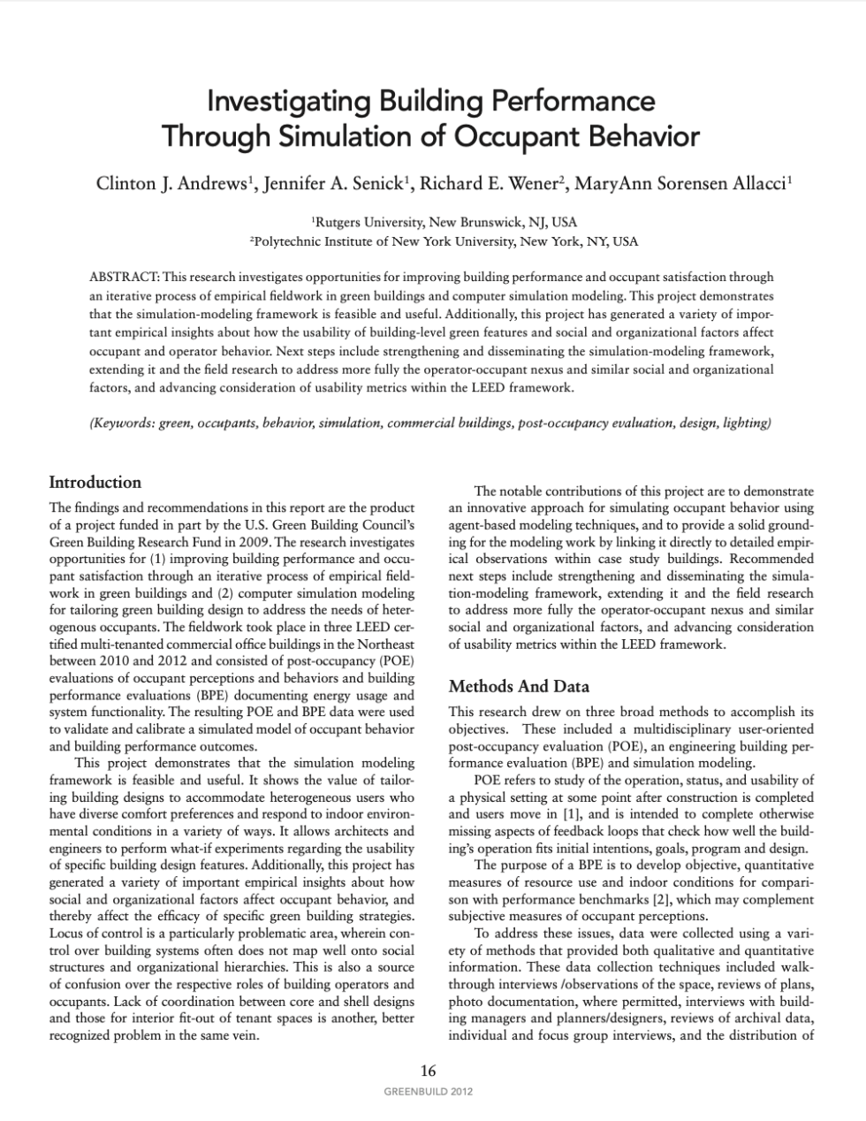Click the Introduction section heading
(95, 482)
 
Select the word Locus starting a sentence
(65, 933)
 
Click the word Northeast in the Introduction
(386, 644)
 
